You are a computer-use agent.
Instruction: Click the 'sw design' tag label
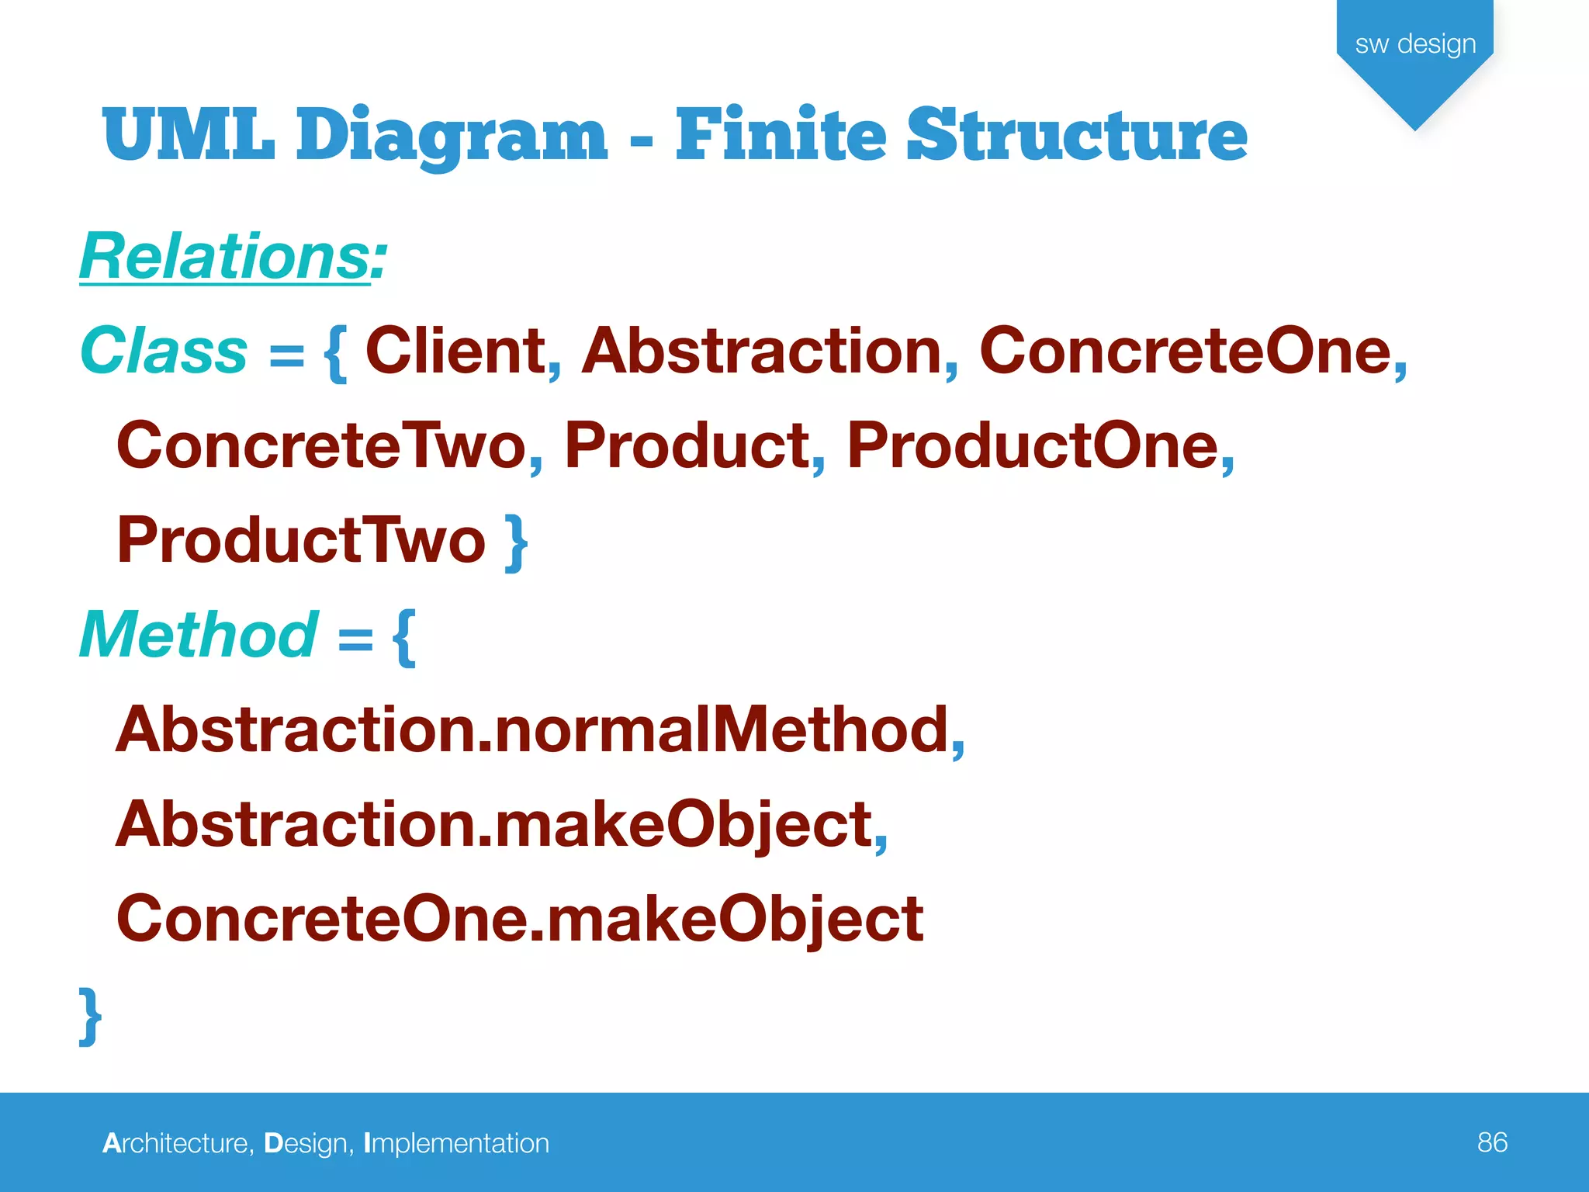1415,43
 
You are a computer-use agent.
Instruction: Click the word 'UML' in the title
189,135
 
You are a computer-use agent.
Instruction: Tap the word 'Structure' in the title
1077,135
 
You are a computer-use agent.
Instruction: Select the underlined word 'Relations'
225,256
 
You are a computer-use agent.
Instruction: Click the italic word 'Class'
164,351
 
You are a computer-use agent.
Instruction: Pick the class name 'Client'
455,351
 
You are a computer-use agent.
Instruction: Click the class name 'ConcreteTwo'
321,445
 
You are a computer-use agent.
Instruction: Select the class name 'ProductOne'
1033,445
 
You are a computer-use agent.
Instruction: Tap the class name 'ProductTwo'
301,540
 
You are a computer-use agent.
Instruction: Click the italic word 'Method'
199,635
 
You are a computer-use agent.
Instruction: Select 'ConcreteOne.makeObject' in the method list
520,919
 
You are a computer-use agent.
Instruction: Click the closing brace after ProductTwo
517,543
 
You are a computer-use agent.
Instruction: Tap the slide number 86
1492,1142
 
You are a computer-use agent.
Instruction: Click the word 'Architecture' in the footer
175,1143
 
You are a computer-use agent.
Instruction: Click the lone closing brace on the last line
90,1017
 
